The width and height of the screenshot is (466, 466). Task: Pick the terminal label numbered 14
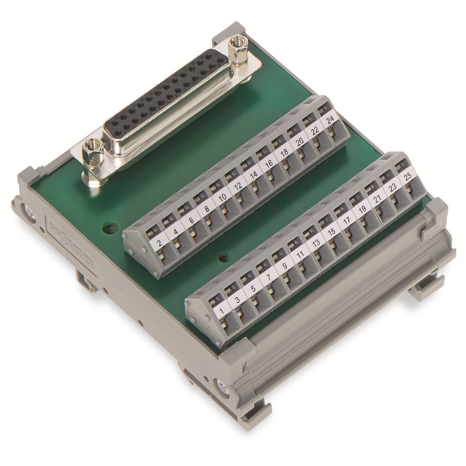tap(252, 175)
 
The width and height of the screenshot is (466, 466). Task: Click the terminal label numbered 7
tap(269, 277)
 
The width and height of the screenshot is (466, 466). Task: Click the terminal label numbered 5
tap(253, 288)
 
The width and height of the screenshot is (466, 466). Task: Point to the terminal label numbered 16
tap(268, 165)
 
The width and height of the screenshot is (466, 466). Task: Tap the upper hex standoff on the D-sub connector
tap(235, 52)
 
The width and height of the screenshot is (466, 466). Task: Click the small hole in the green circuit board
tap(109, 229)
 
